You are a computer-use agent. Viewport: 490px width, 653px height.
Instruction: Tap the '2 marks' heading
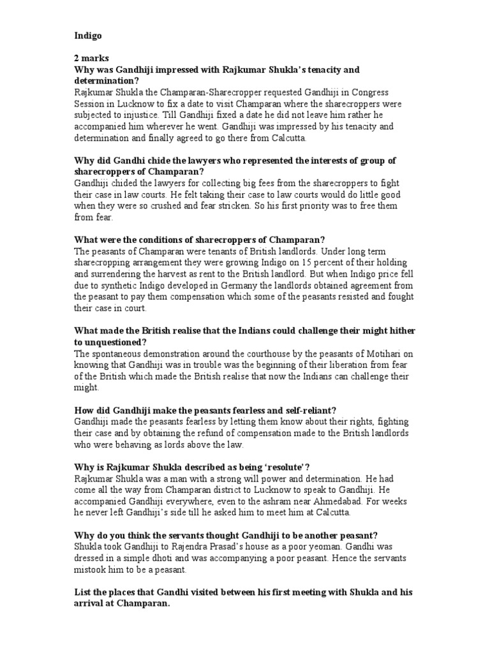(x=91, y=58)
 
